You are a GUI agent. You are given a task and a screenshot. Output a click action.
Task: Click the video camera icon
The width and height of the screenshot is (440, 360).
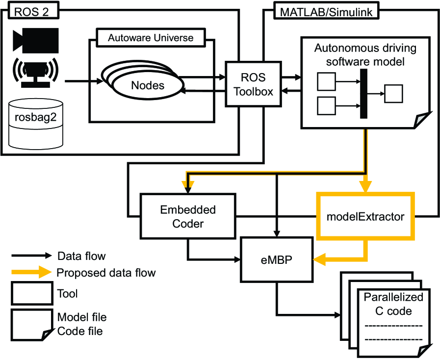click(36, 40)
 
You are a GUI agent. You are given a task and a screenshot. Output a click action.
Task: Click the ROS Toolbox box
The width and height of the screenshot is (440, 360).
click(253, 84)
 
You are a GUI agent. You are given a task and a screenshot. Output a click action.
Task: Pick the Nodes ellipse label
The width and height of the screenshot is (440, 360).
click(148, 85)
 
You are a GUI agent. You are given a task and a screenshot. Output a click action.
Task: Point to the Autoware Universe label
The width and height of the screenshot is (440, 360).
click(151, 38)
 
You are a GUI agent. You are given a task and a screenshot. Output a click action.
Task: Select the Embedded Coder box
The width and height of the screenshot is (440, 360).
click(188, 216)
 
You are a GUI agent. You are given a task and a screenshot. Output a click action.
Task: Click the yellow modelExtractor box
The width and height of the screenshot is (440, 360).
click(366, 216)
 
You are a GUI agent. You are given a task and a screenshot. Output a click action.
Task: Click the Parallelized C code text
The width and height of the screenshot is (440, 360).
click(393, 304)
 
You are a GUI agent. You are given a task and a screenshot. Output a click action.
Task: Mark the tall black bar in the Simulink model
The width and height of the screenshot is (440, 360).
click(363, 93)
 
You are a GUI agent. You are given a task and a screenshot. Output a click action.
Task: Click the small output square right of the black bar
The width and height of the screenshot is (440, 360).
click(393, 93)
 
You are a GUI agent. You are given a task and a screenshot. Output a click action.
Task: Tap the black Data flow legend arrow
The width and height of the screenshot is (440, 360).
click(31, 256)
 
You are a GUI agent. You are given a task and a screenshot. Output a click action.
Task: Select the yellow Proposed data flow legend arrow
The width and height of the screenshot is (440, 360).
click(31, 272)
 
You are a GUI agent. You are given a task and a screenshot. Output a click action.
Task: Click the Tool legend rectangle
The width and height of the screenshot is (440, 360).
click(31, 294)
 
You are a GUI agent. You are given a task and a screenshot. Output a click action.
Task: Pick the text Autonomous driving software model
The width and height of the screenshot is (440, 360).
click(365, 55)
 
